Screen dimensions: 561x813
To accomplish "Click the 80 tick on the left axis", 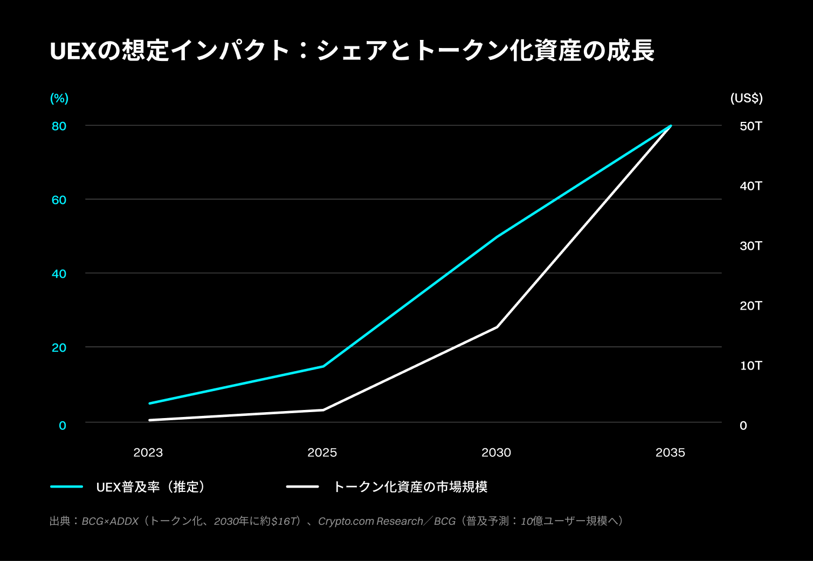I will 59,126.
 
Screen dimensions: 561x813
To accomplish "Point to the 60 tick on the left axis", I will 59,200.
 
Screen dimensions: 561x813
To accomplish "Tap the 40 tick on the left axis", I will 59,274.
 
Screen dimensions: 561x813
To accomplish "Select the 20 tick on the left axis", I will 59,348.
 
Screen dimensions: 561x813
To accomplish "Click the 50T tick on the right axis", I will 750,126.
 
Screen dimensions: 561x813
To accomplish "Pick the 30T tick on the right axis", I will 750,246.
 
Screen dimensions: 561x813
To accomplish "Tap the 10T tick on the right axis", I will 750,366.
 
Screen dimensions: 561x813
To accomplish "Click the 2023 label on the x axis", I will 148,453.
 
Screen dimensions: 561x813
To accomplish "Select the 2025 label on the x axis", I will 322,453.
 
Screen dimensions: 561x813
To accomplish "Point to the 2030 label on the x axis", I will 496,453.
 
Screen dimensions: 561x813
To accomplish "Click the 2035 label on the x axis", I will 670,453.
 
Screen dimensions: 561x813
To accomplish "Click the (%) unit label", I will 59,98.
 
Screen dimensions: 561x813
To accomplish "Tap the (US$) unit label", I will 746,98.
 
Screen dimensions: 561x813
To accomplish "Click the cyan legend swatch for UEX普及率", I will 66,487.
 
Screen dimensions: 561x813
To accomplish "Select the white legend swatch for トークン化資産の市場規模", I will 302,487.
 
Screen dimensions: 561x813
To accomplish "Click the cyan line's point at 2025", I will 323,366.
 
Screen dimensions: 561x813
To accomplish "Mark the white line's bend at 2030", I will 497,327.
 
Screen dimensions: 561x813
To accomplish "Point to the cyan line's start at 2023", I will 149,403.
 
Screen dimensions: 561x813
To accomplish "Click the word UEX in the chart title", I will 72,51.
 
